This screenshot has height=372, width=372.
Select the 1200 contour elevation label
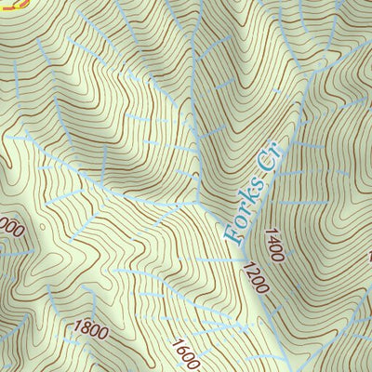[254, 278]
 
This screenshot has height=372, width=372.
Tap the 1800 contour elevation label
[90, 329]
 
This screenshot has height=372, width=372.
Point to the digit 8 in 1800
[83, 328]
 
